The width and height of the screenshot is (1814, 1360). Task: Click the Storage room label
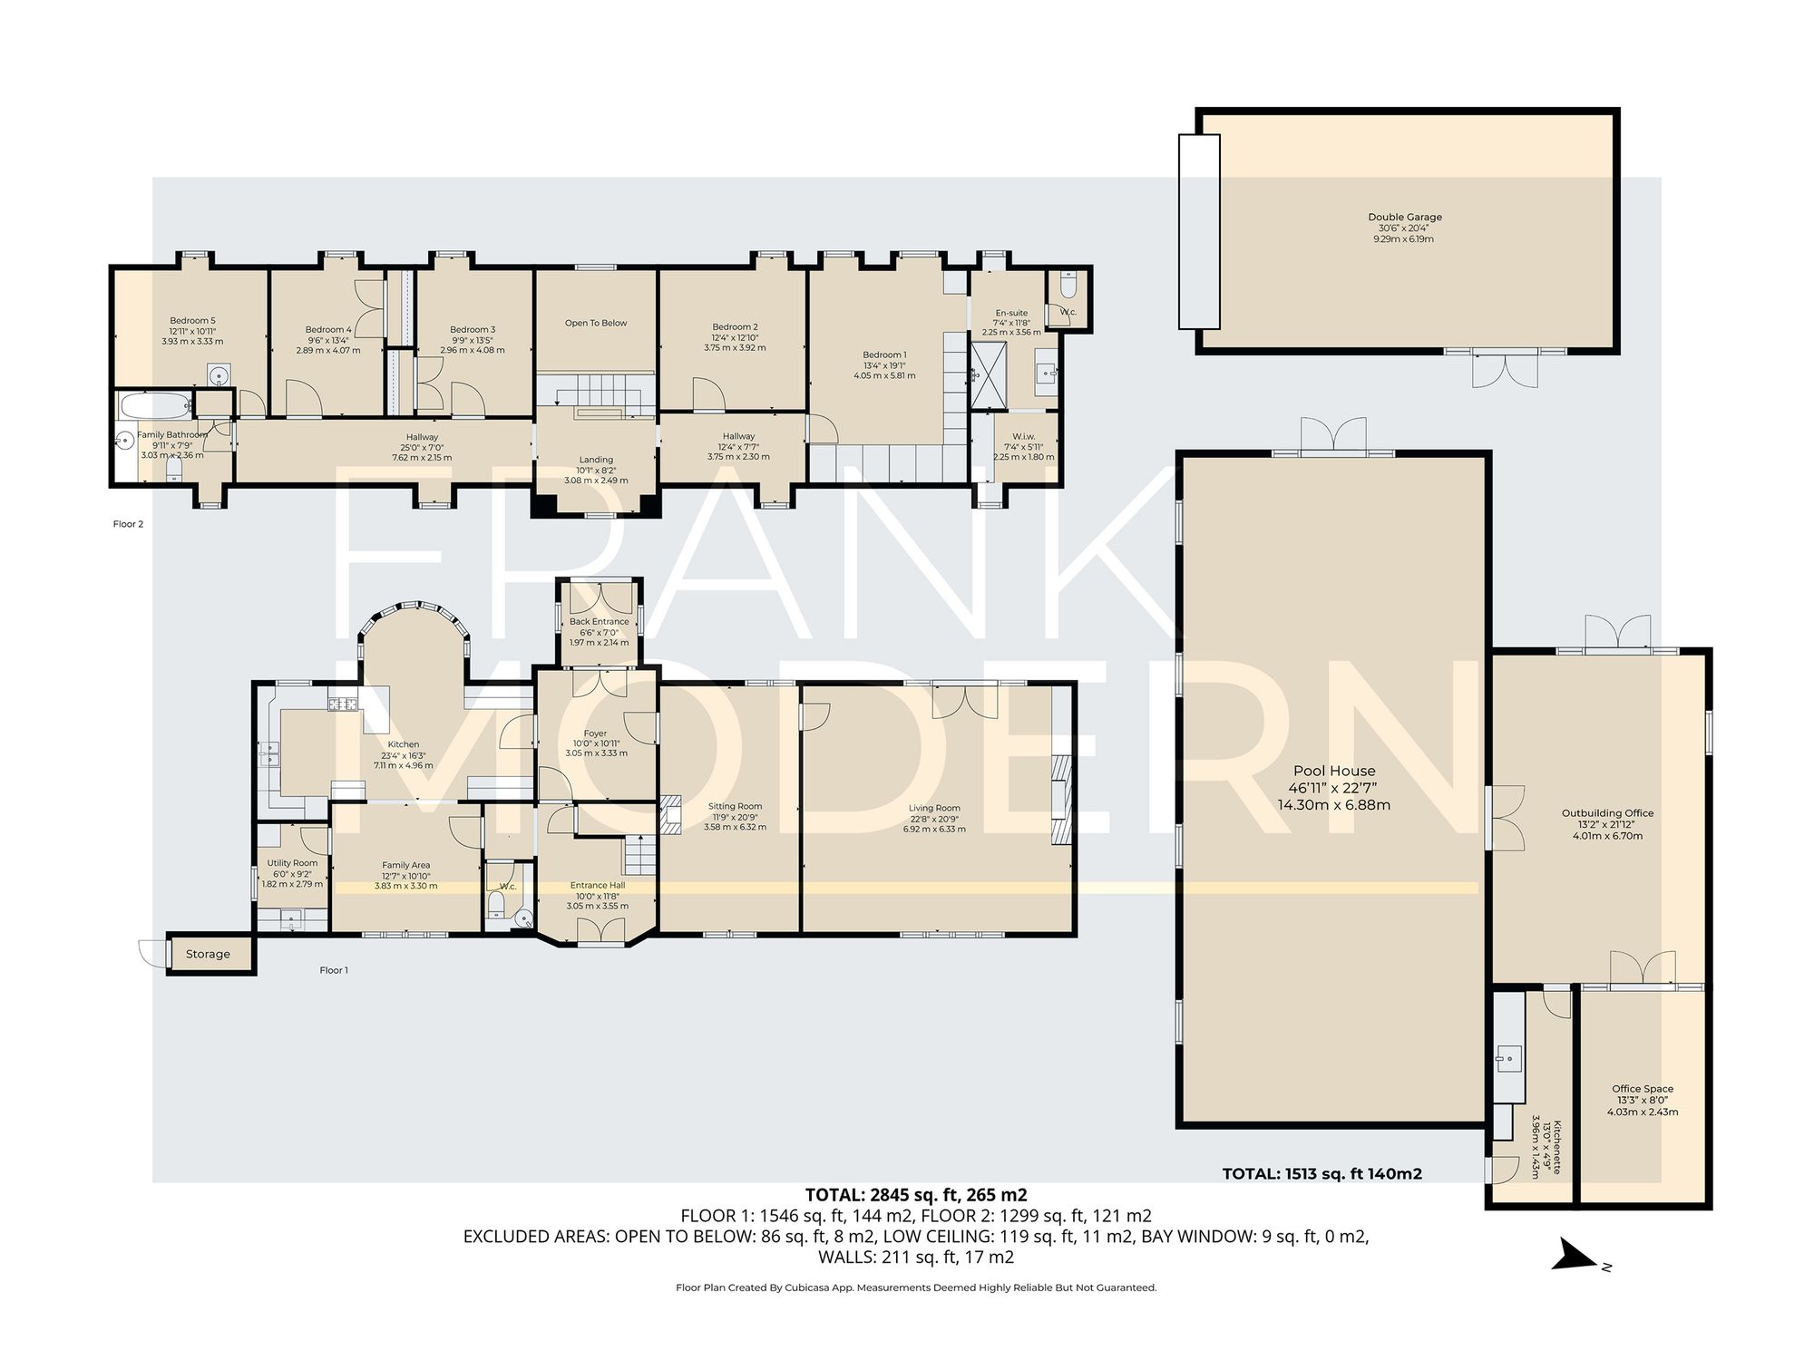(208, 954)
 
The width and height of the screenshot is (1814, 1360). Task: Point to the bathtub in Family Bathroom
(153, 405)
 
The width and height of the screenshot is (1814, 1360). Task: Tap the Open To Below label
(596, 323)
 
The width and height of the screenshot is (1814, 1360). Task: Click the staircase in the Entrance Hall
(639, 854)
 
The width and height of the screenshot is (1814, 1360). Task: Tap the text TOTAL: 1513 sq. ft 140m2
(1321, 1173)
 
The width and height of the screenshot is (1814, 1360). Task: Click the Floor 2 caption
(128, 524)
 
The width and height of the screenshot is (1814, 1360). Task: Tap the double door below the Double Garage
(1505, 370)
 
